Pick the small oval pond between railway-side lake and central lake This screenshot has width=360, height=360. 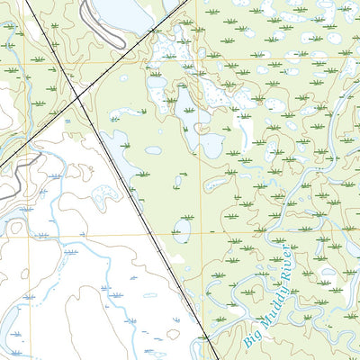click(154, 150)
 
